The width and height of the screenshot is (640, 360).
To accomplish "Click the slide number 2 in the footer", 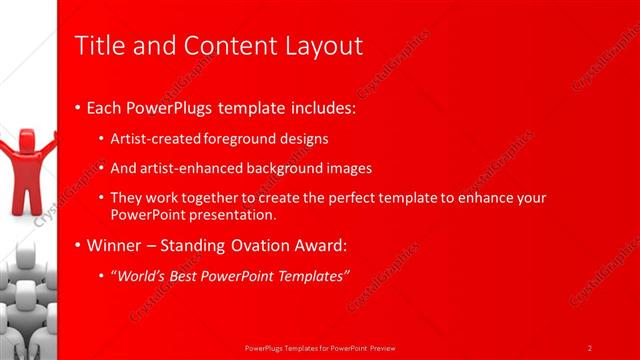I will [x=590, y=347].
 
